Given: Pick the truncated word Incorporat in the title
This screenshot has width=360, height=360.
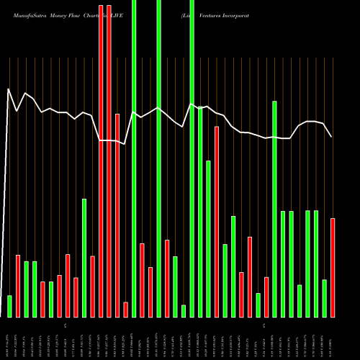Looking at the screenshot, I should (240, 14).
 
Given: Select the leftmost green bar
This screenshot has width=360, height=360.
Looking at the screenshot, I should (9, 306).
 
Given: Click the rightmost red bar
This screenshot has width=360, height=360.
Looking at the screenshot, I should (333, 267).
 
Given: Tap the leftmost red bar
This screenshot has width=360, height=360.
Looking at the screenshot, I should (18, 286).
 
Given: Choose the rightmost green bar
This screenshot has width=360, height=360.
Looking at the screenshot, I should (325, 298).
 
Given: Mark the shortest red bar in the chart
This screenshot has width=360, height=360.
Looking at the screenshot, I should (126, 310).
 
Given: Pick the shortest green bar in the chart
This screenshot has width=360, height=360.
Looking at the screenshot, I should (184, 311).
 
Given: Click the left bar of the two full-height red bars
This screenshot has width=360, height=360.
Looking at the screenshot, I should (101, 158).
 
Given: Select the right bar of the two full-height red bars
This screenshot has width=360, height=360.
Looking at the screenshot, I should (109, 158).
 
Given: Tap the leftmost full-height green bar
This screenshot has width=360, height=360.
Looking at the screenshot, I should (134, 158).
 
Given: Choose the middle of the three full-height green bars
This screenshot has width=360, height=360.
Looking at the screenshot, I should (159, 158).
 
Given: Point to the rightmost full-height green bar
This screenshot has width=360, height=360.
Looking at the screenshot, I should (192, 158).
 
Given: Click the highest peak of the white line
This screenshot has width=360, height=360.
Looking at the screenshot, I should (8, 89).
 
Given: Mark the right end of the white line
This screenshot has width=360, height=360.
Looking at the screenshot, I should (332, 137).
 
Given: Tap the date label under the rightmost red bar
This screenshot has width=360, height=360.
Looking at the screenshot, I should (333, 338).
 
